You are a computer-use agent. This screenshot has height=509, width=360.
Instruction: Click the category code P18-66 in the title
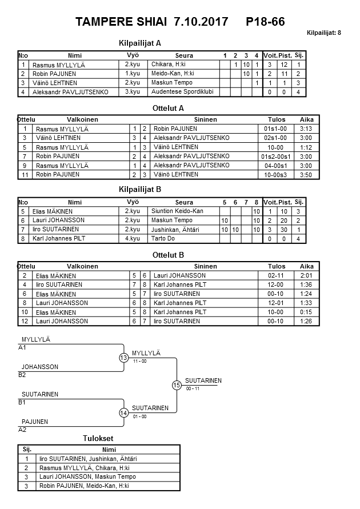pyautogui.click(x=265, y=22)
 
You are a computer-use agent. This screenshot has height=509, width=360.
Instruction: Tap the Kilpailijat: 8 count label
pyautogui.click(x=324, y=33)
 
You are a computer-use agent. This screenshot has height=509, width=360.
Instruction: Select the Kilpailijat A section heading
pyautogui.click(x=140, y=43)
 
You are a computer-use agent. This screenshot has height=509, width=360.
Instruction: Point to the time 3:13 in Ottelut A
pyautogui.click(x=306, y=129)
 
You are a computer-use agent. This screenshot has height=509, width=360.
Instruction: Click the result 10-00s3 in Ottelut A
pyautogui.click(x=276, y=174)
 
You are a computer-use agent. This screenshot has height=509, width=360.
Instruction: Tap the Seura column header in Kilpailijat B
pyautogui.click(x=184, y=202)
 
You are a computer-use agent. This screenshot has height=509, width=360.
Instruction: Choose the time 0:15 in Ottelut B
pyautogui.click(x=306, y=312)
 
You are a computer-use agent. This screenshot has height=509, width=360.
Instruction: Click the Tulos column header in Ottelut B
pyautogui.click(x=277, y=266)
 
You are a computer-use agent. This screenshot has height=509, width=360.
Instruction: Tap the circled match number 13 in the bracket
pyautogui.click(x=123, y=358)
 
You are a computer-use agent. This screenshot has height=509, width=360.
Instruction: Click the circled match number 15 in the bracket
pyautogui.click(x=177, y=385)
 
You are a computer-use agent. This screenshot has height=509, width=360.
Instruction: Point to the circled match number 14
pyautogui.click(x=123, y=412)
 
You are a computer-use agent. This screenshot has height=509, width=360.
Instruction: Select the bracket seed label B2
pyautogui.click(x=22, y=375)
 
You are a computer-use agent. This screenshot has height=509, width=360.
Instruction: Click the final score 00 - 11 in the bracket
pyautogui.click(x=193, y=388)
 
